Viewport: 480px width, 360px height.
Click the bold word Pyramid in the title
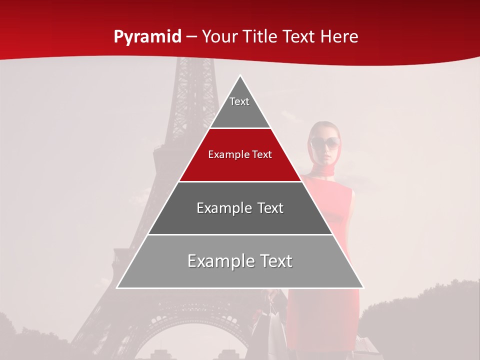tap(147, 37)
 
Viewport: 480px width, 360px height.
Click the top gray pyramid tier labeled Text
tap(239, 107)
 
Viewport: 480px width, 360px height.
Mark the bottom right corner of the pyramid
tap(363, 287)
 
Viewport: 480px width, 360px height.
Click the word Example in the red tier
tap(225, 154)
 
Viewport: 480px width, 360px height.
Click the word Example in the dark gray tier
tap(219, 208)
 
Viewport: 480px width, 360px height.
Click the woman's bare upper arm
tap(348, 210)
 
